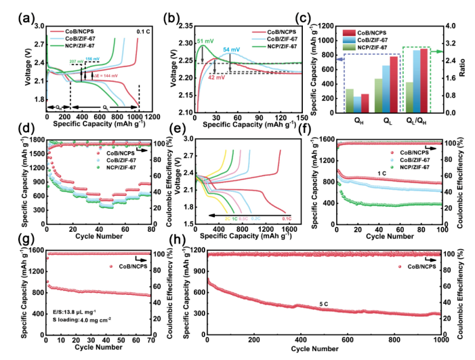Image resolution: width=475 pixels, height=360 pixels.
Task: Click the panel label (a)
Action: click(x=12, y=9)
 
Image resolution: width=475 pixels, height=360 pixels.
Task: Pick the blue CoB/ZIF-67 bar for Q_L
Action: click(x=386, y=89)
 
